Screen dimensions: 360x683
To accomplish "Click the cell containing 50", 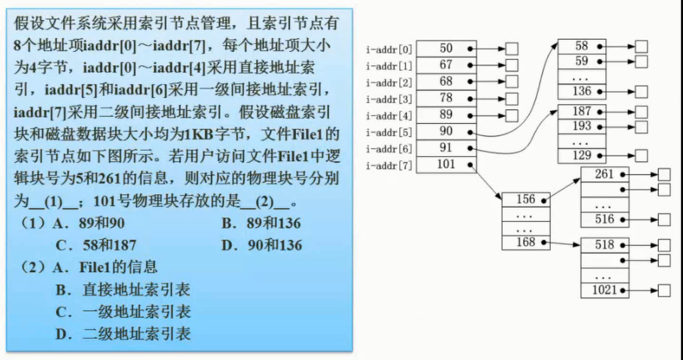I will tap(447, 49).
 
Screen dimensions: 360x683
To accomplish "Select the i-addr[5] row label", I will tap(389, 133).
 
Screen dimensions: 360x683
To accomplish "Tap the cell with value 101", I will tap(447, 164).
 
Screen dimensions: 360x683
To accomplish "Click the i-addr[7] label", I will tap(389, 166).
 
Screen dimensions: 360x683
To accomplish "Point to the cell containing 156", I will tap(526, 199).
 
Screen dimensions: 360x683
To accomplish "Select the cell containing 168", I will tap(526, 242).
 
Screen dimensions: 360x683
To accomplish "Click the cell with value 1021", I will tap(605, 290).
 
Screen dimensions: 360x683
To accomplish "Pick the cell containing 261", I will tap(605, 173).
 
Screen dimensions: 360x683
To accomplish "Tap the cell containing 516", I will tap(605, 220).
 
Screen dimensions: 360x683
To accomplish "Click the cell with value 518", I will tap(605, 245).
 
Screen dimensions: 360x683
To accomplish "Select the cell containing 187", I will tap(582, 111).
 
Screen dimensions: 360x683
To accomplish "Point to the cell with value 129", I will tap(582, 155).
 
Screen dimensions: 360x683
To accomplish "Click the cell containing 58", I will tap(582, 46).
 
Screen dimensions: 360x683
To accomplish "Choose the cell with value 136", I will tap(582, 91).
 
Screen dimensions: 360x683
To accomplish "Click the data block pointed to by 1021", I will tap(664, 291).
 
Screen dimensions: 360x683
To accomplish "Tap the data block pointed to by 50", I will tap(512, 49).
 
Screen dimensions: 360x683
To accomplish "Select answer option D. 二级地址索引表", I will tap(123, 333).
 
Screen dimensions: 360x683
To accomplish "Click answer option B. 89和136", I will tap(261, 223).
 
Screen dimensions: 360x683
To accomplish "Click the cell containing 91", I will tap(447, 148).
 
